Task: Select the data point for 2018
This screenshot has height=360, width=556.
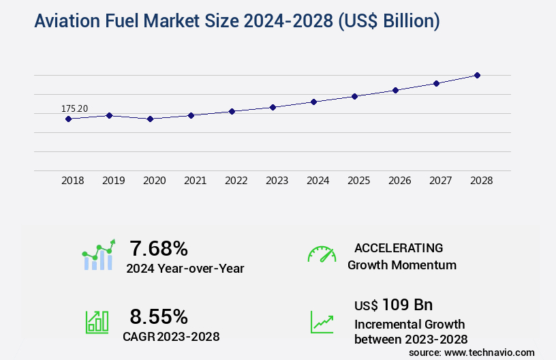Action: pyautogui.click(x=68, y=119)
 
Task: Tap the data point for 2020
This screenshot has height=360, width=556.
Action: pyautogui.click(x=150, y=119)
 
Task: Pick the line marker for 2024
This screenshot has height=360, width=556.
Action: pyautogui.click(x=313, y=102)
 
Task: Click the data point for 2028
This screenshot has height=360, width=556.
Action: pyautogui.click(x=477, y=75)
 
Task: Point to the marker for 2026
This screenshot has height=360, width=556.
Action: pyautogui.click(x=395, y=90)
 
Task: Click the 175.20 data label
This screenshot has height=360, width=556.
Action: pyautogui.click(x=74, y=108)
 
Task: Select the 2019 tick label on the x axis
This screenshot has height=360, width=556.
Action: pyautogui.click(x=114, y=181)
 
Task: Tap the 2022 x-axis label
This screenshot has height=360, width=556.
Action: pyautogui.click(x=236, y=181)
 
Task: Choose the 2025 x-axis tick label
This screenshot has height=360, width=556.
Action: pyautogui.click(x=359, y=181)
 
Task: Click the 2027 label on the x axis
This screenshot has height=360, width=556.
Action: pyautogui.click(x=441, y=181)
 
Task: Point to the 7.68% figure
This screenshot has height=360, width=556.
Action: pyautogui.click(x=159, y=247)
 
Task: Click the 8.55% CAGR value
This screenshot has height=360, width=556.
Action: pyautogui.click(x=159, y=316)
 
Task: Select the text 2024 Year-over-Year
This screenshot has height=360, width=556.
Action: pyautogui.click(x=185, y=269)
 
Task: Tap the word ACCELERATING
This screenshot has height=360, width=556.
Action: pyautogui.click(x=399, y=247)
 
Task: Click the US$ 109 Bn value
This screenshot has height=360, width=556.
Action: pyautogui.click(x=393, y=304)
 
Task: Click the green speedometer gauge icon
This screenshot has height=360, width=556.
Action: pyautogui.click(x=322, y=254)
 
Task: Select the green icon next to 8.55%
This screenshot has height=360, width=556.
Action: pyautogui.click(x=97, y=322)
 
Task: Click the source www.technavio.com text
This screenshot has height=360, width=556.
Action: pyautogui.click(x=472, y=352)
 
